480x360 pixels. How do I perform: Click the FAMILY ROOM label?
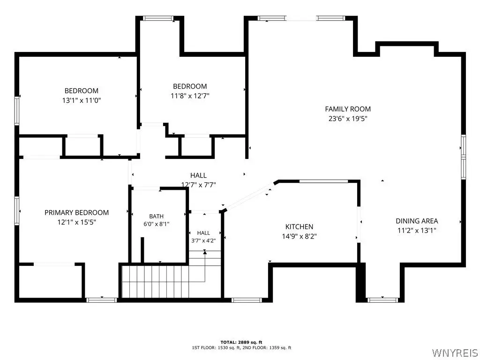click(x=348, y=109)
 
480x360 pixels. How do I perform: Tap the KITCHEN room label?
click(x=299, y=227)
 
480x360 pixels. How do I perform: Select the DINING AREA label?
click(x=417, y=221)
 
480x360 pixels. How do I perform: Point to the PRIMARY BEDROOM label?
click(x=76, y=212)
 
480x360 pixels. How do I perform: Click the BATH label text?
click(x=157, y=217)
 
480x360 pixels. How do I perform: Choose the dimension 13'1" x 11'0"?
click(x=82, y=100)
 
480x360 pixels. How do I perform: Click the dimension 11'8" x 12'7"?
click(x=190, y=96)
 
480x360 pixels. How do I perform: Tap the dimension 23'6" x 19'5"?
click(x=348, y=119)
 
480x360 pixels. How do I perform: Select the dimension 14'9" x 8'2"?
click(x=299, y=236)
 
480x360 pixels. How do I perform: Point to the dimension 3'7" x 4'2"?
click(x=203, y=240)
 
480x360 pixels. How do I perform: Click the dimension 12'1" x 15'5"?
click(x=77, y=222)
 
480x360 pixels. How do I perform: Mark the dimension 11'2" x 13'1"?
click(x=417, y=230)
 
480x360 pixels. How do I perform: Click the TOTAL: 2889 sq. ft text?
click(x=241, y=342)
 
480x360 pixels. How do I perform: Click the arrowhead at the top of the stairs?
click(x=205, y=252)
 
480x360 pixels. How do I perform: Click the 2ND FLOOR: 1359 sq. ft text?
click(x=267, y=348)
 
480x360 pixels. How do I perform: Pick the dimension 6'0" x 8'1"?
click(x=157, y=224)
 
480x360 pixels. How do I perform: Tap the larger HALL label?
click(x=198, y=175)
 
